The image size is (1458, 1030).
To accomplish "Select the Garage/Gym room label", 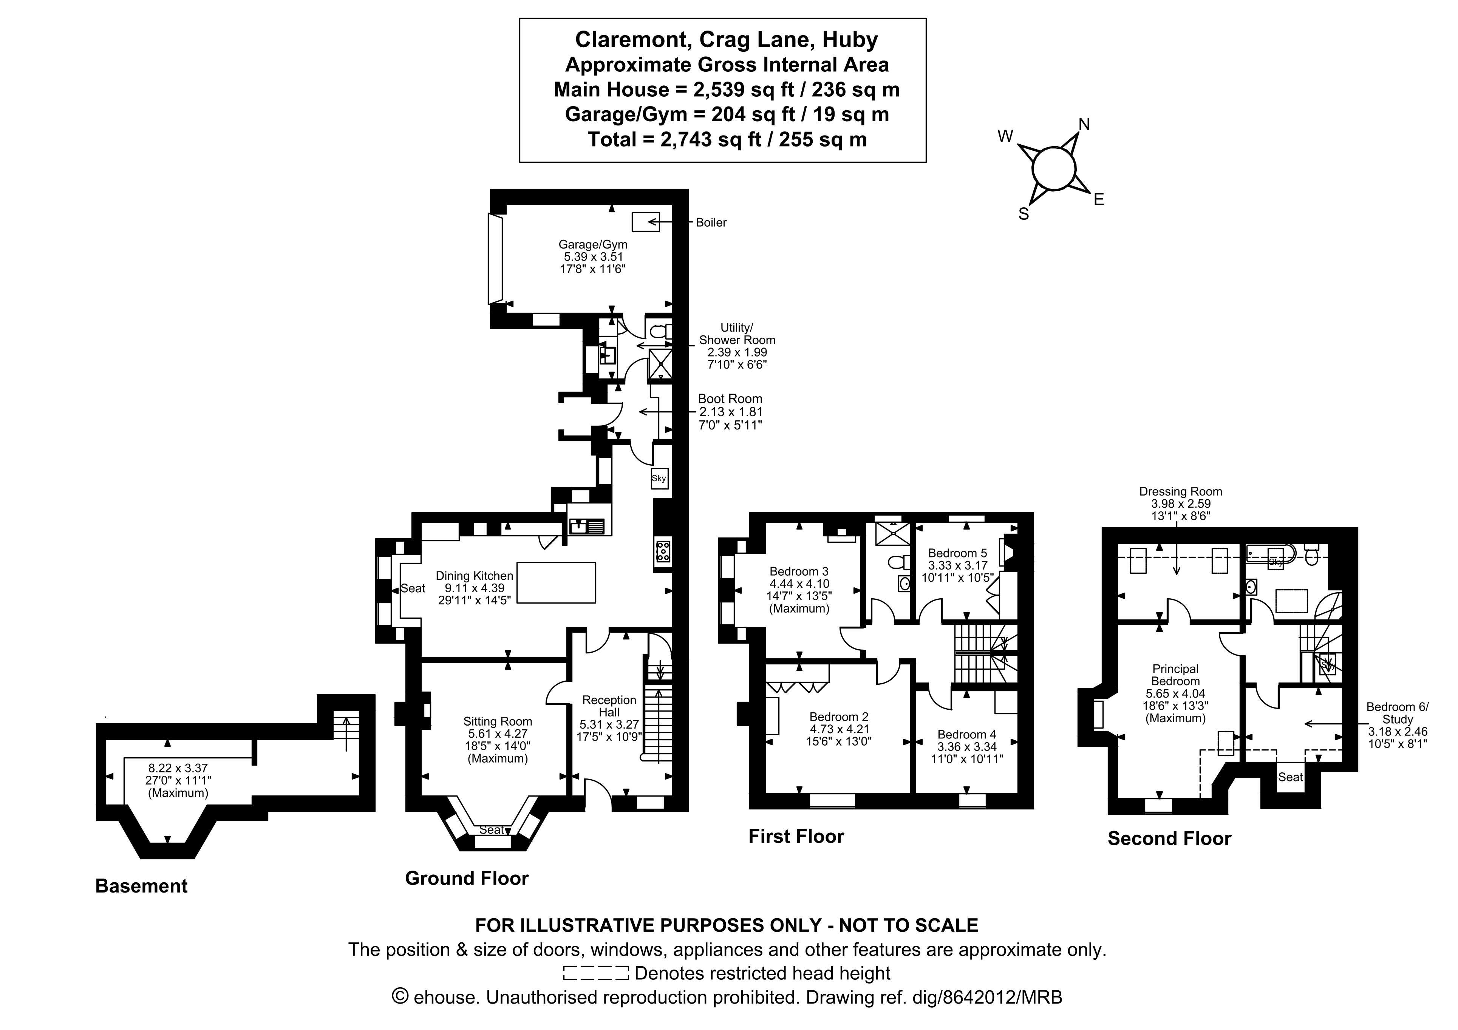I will pos(592,244).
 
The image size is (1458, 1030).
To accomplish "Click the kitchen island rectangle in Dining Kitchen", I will pos(556,583).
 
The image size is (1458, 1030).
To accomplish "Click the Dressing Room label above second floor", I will pos(1181,491).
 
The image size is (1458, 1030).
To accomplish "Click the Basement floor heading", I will pos(141,886).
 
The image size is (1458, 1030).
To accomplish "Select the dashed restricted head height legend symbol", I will pos(596,973).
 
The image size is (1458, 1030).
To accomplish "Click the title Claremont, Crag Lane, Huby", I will pos(727,39).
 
